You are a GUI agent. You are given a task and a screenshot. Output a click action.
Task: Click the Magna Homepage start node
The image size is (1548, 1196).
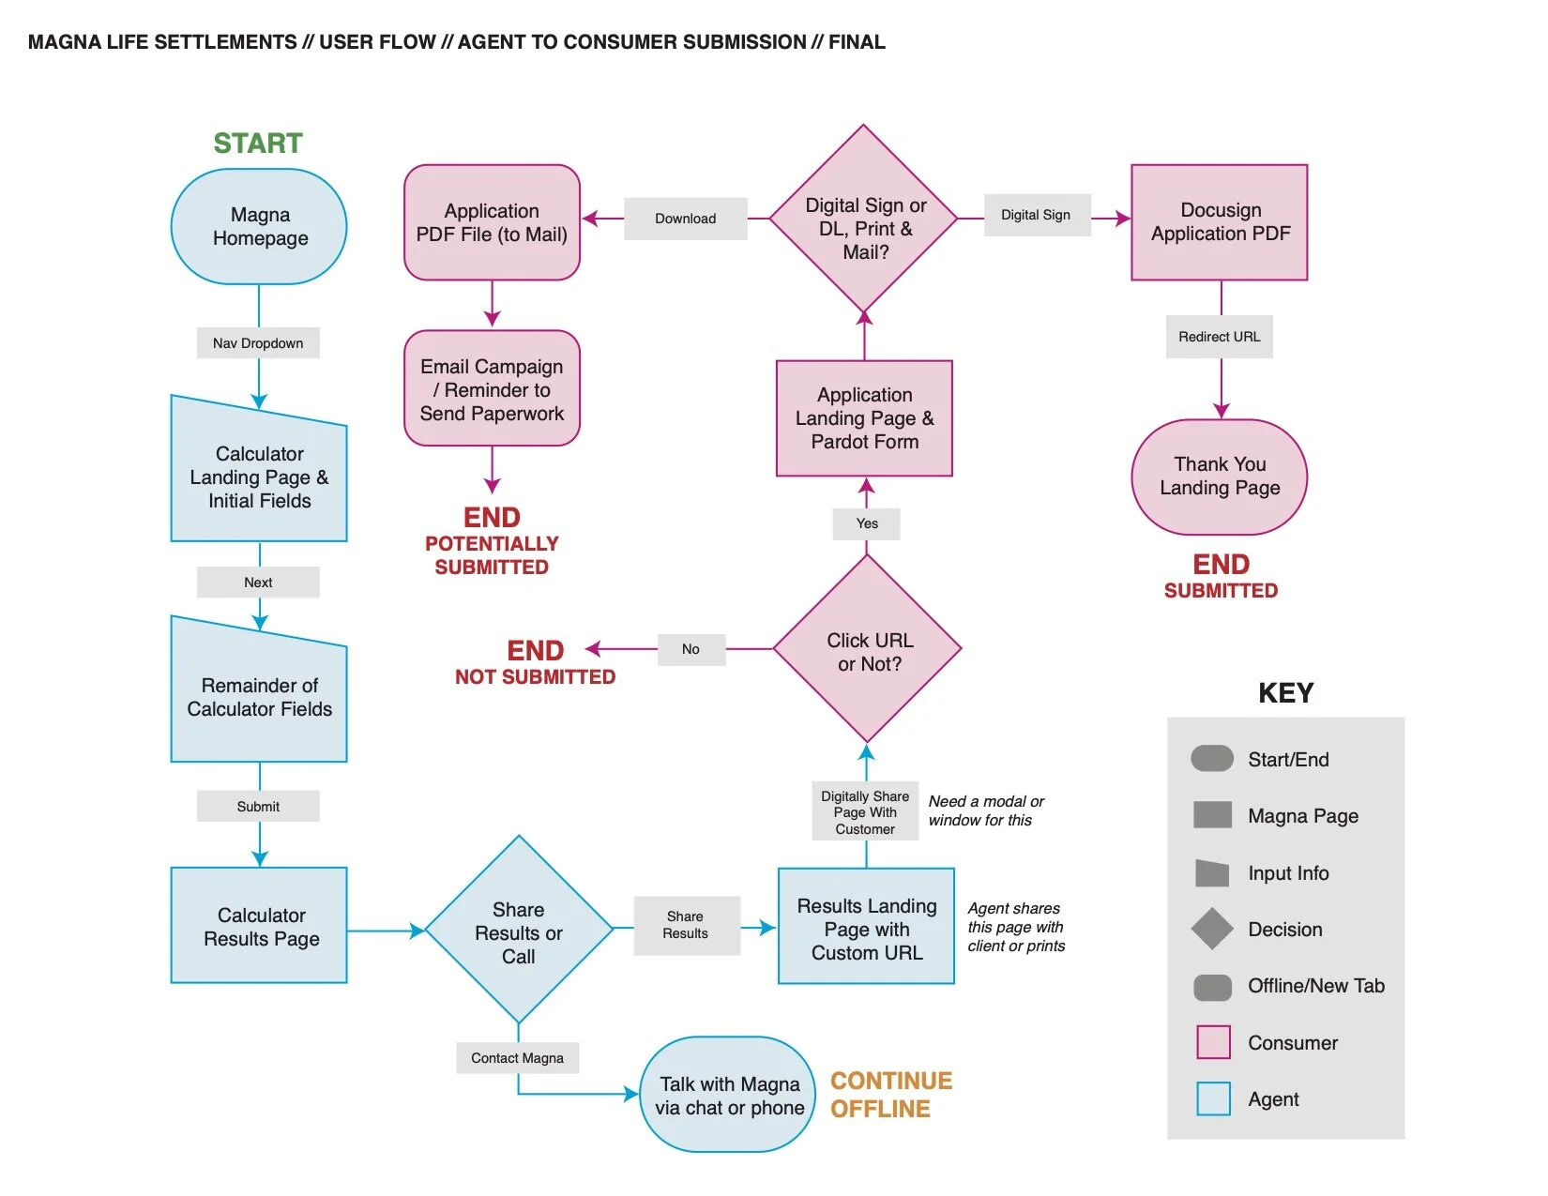pyautogui.click(x=259, y=226)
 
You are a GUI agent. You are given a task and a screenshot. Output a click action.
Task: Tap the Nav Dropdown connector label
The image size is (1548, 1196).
pyautogui.click(x=258, y=343)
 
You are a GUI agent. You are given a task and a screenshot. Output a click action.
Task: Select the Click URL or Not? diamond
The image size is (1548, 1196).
pyautogui.click(x=867, y=649)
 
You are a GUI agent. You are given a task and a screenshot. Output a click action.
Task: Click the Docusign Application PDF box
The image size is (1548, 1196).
pyautogui.click(x=1220, y=222)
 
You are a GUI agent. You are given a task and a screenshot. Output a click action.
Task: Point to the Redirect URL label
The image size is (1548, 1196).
pyautogui.click(x=1219, y=337)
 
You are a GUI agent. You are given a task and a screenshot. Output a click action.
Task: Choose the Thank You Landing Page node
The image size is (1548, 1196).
pyautogui.click(x=1219, y=477)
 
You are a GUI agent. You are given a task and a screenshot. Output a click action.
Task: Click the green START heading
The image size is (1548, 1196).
pyautogui.click(x=258, y=144)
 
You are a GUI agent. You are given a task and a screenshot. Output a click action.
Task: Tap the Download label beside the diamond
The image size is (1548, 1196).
pyautogui.click(x=685, y=219)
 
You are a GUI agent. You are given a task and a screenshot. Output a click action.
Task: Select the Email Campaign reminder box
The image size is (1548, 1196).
pyautogui.click(x=492, y=388)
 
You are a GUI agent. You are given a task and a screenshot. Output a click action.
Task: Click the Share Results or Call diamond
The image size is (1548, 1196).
pyautogui.click(x=519, y=931)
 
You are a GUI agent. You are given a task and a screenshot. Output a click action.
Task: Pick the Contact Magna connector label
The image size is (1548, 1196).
pyautogui.click(x=517, y=1058)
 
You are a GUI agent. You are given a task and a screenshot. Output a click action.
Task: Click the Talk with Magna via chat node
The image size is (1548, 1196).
pyautogui.click(x=728, y=1095)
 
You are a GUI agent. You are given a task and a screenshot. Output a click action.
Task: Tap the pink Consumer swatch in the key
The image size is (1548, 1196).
pyautogui.click(x=1213, y=1042)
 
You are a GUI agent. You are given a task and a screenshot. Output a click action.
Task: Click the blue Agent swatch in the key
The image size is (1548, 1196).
pyautogui.click(x=1213, y=1098)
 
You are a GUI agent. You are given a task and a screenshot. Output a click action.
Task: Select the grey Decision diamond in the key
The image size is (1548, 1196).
pyautogui.click(x=1212, y=929)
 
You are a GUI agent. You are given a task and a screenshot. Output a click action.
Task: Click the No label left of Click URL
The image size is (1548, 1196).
pyautogui.click(x=691, y=649)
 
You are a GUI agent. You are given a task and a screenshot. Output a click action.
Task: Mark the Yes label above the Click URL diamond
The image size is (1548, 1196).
pyautogui.click(x=867, y=523)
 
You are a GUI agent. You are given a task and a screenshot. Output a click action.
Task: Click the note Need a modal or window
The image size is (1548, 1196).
pyautogui.click(x=985, y=810)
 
